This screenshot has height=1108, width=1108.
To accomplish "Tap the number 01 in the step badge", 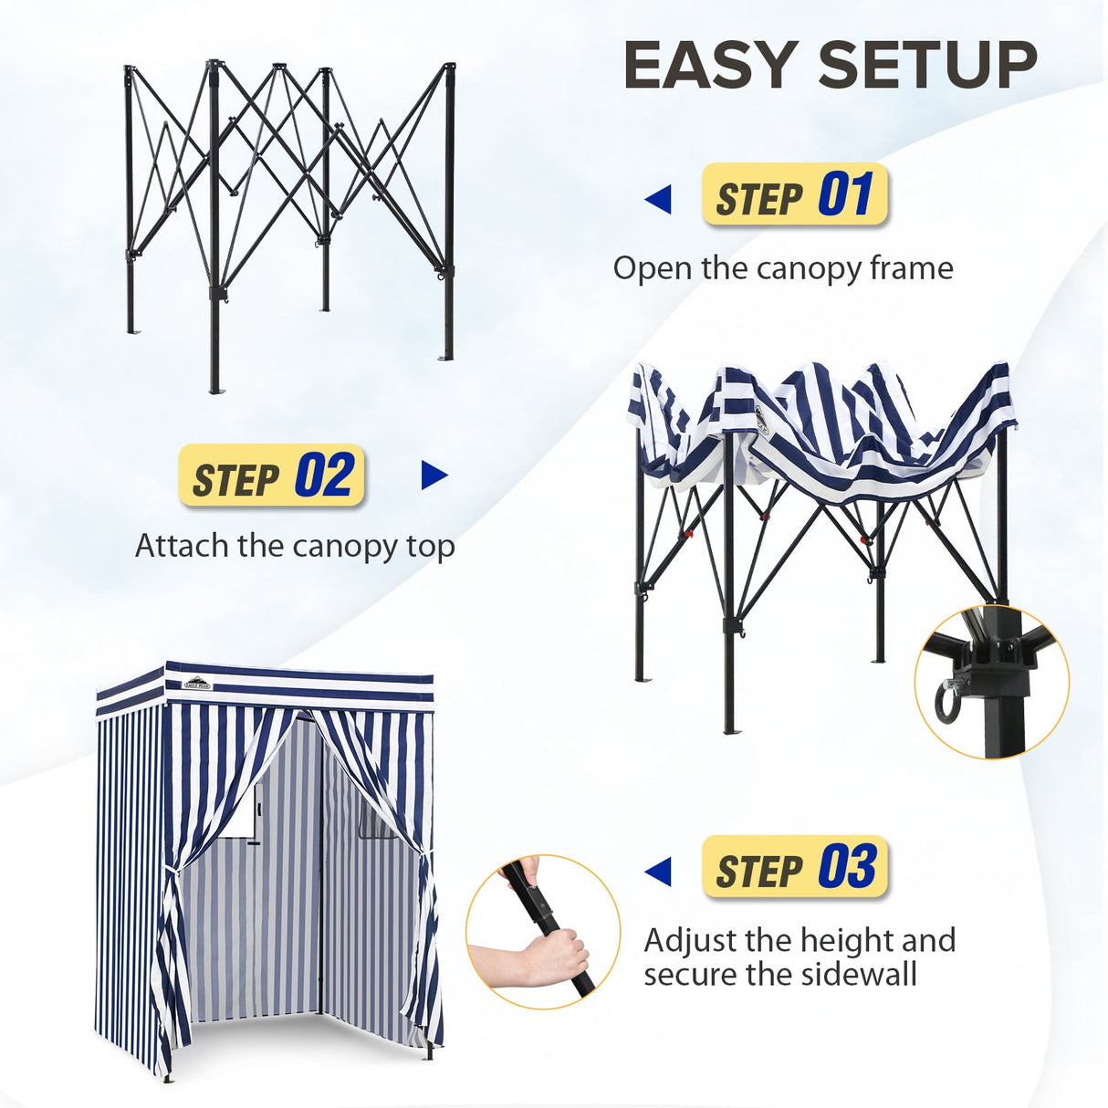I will tap(845, 194).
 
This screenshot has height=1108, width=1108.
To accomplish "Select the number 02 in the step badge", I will tap(323, 476).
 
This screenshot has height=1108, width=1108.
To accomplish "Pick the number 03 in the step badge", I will tap(847, 867).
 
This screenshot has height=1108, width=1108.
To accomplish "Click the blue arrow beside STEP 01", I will tap(658, 199).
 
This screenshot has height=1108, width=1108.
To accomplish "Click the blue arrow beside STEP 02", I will tap(434, 476).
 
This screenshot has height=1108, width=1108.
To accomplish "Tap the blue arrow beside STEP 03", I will tap(658, 871).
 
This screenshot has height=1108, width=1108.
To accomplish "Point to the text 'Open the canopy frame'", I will tap(782, 268).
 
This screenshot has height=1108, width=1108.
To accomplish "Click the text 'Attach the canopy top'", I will tap(295, 546).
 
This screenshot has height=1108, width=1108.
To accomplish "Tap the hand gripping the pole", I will tap(553, 954).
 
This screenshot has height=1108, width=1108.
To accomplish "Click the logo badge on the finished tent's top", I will tap(196, 682).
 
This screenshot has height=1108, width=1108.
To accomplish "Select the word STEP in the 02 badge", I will tap(235, 479).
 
